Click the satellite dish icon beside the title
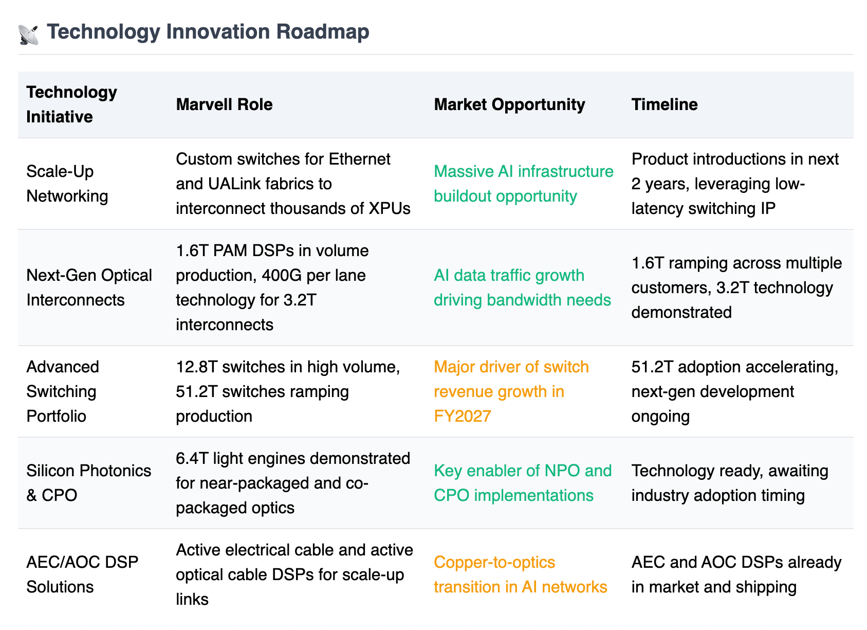coord(28,35)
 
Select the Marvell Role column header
coord(224,104)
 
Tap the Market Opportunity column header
coord(509,105)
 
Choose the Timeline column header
coord(664,104)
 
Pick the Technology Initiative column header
coord(71,104)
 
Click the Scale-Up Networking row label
coord(67,184)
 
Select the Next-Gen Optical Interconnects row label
coord(89,287)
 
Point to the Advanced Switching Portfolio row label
coord(63,391)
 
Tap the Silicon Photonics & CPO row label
coord(88,483)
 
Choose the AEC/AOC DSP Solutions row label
coord(82,574)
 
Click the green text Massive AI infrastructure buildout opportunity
coord(524,184)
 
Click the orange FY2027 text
coord(463,416)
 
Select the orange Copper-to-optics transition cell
coord(521,574)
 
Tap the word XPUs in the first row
coord(390,209)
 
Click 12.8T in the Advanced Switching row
coord(196,367)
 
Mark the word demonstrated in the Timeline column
coord(681,313)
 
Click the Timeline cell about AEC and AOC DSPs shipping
coord(736,574)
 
